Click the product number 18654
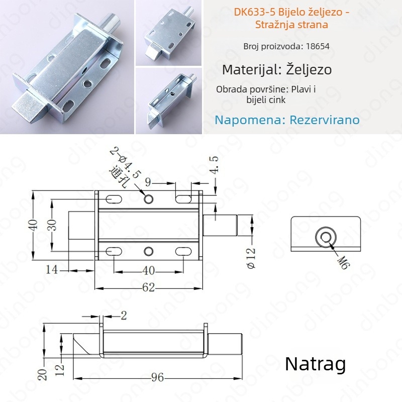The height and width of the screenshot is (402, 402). (318, 46)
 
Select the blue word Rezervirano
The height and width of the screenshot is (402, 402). (325, 120)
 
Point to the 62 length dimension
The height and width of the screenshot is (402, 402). (149, 287)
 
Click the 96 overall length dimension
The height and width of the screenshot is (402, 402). (157, 377)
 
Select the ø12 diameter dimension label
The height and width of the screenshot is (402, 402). (251, 258)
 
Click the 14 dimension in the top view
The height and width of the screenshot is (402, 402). (52, 270)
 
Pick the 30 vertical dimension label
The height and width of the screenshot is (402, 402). (53, 226)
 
